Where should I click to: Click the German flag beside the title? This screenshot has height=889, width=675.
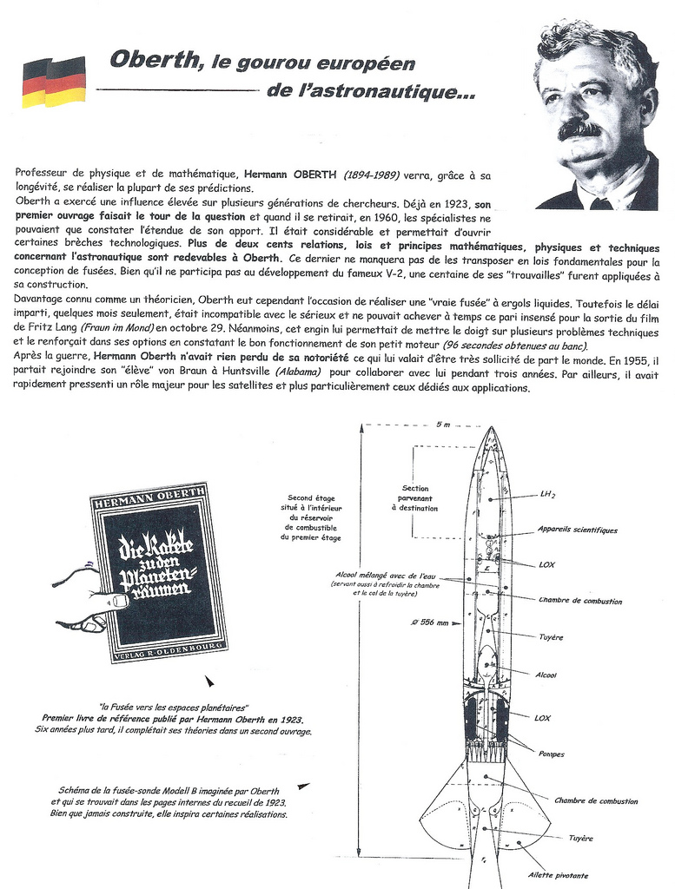coord(54,82)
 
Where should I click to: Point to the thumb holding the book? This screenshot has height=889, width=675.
coord(112,600)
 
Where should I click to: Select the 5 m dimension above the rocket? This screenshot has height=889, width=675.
coord(443,424)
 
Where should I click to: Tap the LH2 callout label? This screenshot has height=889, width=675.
coord(547,495)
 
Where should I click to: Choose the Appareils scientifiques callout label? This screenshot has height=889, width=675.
coord(577,530)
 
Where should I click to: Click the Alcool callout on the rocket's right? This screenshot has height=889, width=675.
coord(546,675)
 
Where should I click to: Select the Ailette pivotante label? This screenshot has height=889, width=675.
coord(558,875)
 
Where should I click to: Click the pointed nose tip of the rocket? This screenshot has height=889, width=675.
coord(489,429)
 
